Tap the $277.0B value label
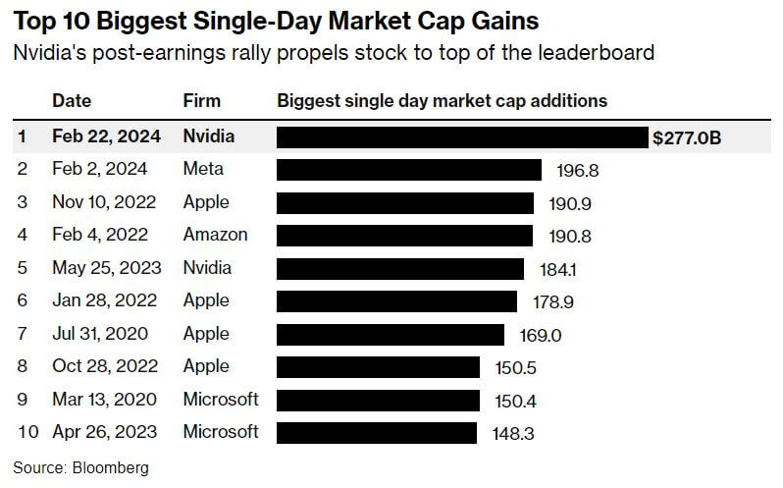pyautogui.click(x=687, y=137)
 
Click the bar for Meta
pyautogui.click(x=409, y=170)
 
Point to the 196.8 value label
pyautogui.click(x=577, y=171)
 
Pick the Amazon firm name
pyautogui.click(x=215, y=235)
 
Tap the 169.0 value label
pyautogui.click(x=540, y=335)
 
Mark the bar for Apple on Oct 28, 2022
pyautogui.click(x=379, y=366)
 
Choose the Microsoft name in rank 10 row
pyautogui.click(x=221, y=431)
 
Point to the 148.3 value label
pyautogui.click(x=512, y=433)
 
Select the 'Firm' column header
pyautogui.click(x=201, y=101)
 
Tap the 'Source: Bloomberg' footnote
pyautogui.click(x=80, y=468)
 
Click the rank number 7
pyautogui.click(x=23, y=334)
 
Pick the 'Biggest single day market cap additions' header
pyautogui.click(x=442, y=101)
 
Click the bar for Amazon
pyautogui.click(x=404, y=236)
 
